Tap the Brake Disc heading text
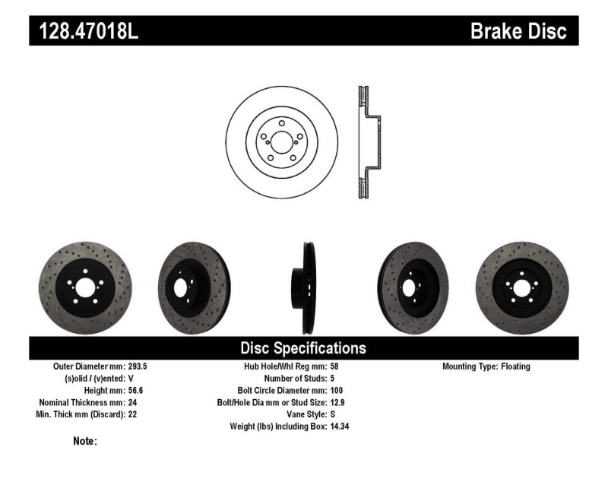click(518, 30)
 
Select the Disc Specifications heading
click(303, 348)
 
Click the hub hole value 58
click(334, 366)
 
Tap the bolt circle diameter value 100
click(337, 390)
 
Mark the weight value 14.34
click(340, 427)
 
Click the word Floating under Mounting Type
click(516, 366)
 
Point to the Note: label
click(84, 441)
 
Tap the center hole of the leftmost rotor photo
click(84, 287)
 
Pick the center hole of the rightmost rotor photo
click(523, 287)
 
